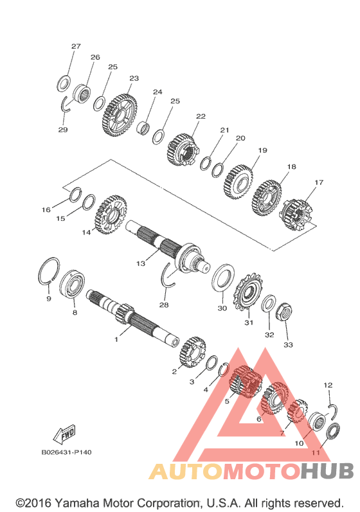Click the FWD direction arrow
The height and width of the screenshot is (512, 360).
[x=65, y=434]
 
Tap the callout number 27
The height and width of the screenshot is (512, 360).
[x=76, y=46]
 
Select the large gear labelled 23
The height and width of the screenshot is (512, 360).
[x=119, y=115]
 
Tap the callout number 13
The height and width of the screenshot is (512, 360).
[x=141, y=263]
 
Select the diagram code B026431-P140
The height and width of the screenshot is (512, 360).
[x=66, y=452]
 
